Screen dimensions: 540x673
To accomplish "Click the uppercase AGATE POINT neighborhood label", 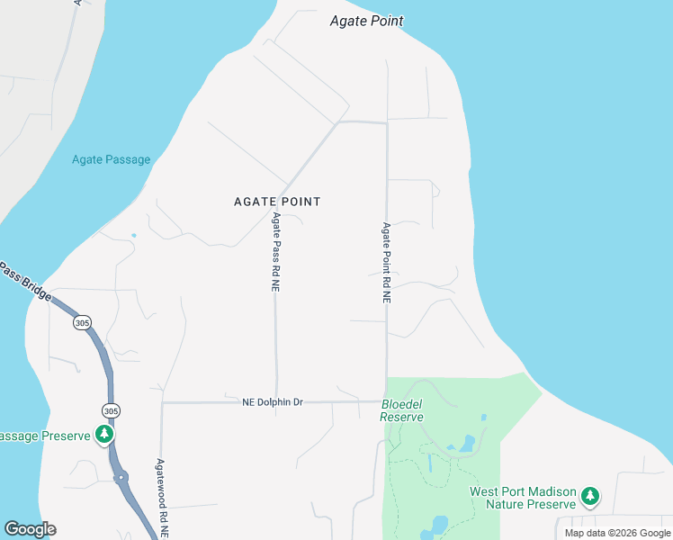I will click(277, 202).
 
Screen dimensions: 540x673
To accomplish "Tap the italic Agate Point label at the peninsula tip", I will click(366, 21).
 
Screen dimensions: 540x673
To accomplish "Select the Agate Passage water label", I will click(111, 160).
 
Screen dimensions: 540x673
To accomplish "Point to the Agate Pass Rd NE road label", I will click(275, 252).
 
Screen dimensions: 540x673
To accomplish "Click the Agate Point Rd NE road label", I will click(386, 262).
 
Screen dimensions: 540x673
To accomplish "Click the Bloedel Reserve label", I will click(401, 411).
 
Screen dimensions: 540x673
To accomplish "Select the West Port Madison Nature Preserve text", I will click(522, 499).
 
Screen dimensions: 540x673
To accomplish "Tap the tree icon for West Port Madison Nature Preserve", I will click(590, 496).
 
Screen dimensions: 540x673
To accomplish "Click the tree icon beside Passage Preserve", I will click(105, 436).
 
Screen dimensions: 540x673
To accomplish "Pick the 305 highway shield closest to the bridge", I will click(83, 322).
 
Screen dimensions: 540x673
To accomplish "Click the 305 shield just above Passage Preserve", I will click(110, 410).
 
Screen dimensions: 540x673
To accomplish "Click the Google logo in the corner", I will click(30, 529).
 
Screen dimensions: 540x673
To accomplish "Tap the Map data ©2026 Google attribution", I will click(617, 533).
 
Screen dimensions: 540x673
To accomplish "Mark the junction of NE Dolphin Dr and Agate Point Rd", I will click(386, 401).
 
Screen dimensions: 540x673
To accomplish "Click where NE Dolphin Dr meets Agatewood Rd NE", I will click(162, 402).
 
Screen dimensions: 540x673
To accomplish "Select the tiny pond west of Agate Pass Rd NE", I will click(133, 236).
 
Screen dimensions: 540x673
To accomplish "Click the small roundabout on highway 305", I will click(121, 478).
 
